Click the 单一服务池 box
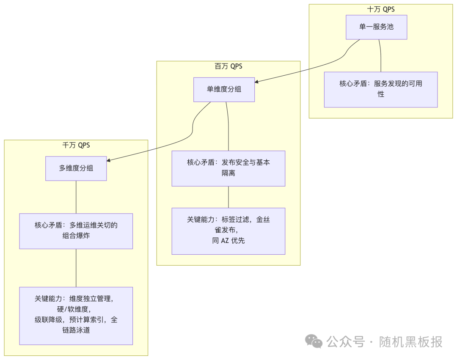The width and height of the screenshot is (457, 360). (x=376, y=27)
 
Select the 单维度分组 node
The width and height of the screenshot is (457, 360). (x=224, y=89)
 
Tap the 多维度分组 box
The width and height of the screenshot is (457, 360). (x=76, y=168)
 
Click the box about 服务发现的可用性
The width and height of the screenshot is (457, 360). (x=380, y=89)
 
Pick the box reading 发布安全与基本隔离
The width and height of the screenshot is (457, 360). (x=228, y=168)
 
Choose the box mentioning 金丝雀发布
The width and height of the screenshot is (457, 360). (x=228, y=231)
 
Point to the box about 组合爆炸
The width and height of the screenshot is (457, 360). (x=76, y=231)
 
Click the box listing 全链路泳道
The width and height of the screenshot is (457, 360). (x=76, y=315)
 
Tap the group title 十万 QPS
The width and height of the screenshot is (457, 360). (x=380, y=9)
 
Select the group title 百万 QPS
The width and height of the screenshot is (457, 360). (x=228, y=66)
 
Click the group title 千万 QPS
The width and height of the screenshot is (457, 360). (x=76, y=145)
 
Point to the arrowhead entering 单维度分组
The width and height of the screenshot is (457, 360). (x=257, y=81)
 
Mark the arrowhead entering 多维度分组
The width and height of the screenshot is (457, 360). (x=109, y=160)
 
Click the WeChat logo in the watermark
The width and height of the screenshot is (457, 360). (x=314, y=341)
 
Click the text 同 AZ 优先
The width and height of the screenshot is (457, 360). (x=228, y=241)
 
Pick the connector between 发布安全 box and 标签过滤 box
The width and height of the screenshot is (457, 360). (x=228, y=197)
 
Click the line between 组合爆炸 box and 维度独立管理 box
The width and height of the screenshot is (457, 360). (x=76, y=268)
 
